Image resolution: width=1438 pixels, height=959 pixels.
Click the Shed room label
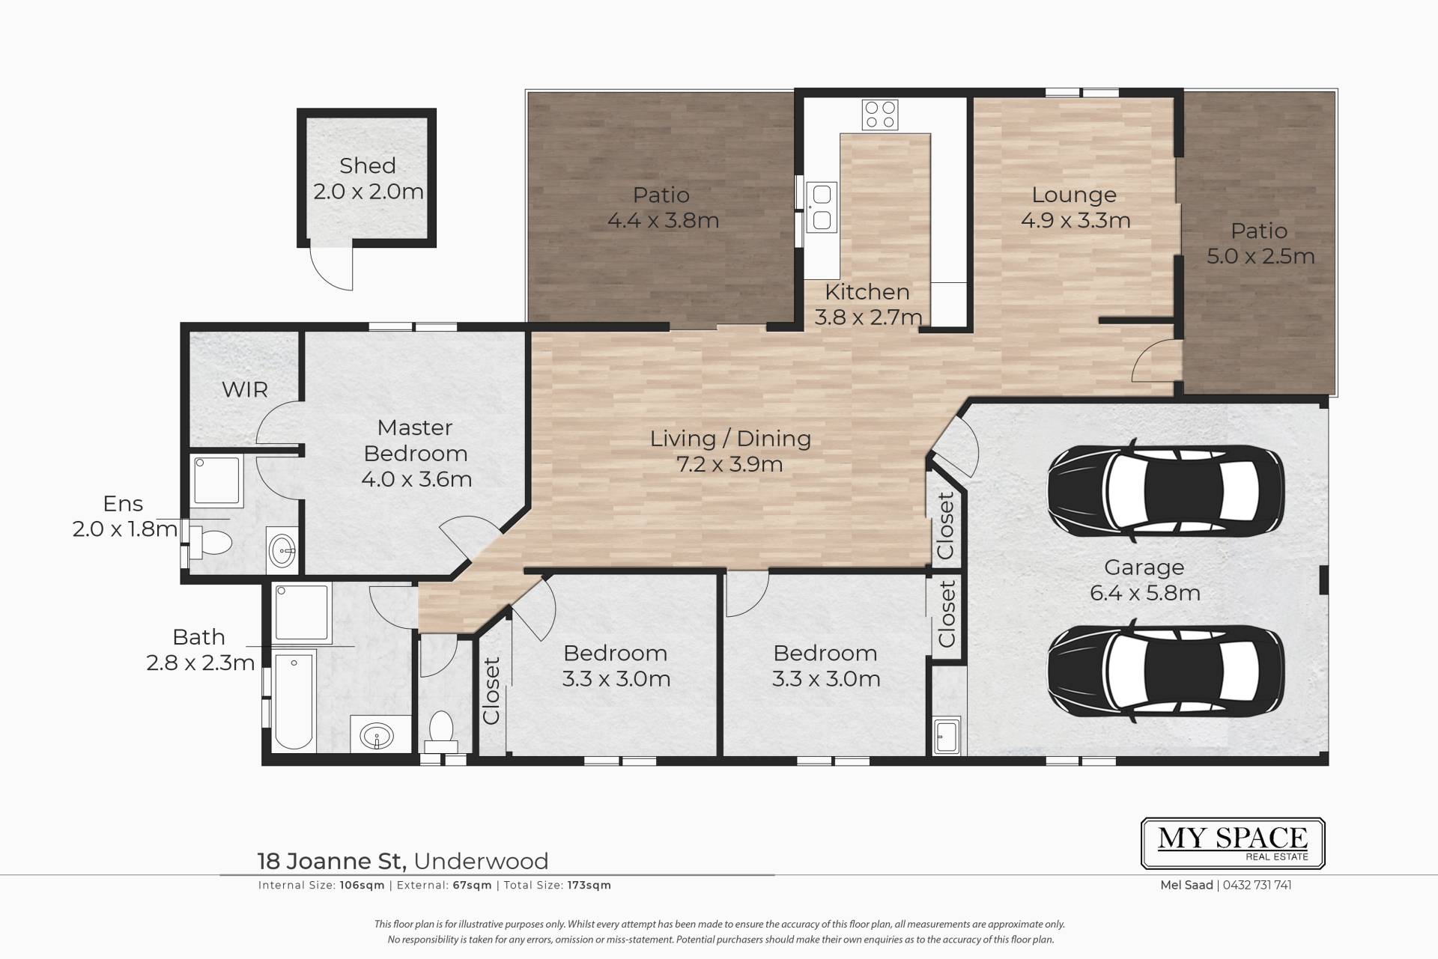pyautogui.click(x=367, y=165)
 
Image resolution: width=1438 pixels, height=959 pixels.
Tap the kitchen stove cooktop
pyautogui.click(x=880, y=115)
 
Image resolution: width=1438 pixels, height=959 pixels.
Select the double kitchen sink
pyautogui.click(x=822, y=207)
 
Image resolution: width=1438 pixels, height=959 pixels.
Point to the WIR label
pyautogui.click(x=245, y=389)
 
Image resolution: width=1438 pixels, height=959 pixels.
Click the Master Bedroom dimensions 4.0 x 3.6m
pyautogui.click(x=416, y=479)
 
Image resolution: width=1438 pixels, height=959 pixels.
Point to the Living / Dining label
pyautogui.click(x=730, y=439)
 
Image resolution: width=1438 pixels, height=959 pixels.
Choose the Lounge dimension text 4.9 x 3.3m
pyautogui.click(x=1076, y=220)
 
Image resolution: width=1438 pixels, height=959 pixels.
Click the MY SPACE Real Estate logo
pyautogui.click(x=1233, y=843)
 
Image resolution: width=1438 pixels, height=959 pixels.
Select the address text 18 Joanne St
pyautogui.click(x=332, y=861)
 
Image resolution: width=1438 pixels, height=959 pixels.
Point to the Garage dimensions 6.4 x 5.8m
pyautogui.click(x=1145, y=593)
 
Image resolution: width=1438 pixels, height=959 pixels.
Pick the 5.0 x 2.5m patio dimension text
pyautogui.click(x=1260, y=256)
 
